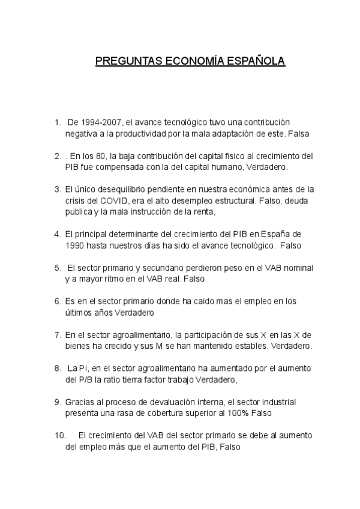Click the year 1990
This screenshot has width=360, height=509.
(x=75, y=245)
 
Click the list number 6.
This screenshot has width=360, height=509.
(x=57, y=301)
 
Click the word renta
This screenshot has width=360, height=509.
(x=202, y=211)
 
